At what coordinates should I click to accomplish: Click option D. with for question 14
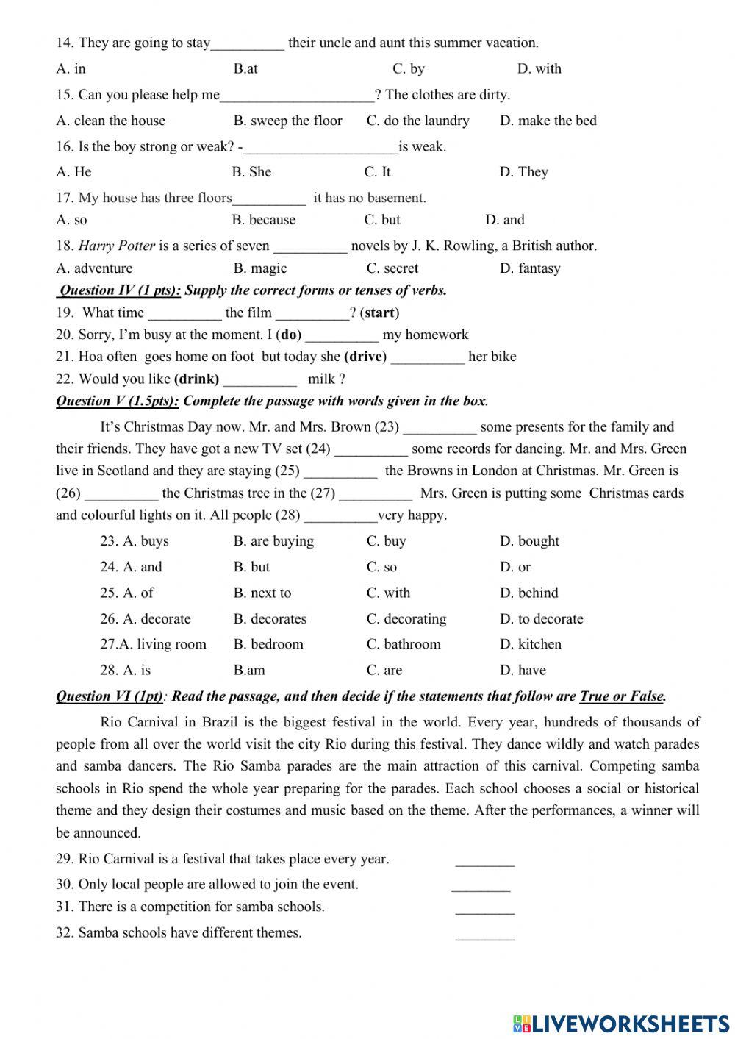(539, 68)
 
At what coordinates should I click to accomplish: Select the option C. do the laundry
(417, 121)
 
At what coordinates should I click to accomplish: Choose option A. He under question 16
(73, 172)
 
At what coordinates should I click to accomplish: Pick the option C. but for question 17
(382, 220)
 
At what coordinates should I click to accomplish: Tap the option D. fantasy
(530, 268)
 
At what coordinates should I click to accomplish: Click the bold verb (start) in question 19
(379, 313)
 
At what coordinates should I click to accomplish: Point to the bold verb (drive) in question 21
(365, 357)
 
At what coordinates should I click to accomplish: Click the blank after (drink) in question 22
(259, 381)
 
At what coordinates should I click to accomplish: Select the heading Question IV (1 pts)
(119, 290)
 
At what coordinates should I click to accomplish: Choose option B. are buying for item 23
(273, 541)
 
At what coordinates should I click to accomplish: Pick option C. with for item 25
(388, 593)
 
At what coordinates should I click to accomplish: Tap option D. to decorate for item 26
(541, 619)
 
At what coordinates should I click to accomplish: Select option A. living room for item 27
(154, 644)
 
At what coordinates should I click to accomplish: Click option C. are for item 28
(384, 670)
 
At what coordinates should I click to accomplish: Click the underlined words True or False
(622, 696)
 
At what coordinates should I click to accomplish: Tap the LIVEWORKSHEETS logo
(621, 1023)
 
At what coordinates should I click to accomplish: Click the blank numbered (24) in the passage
(370, 450)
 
